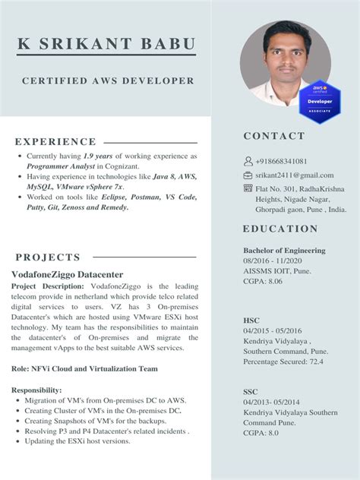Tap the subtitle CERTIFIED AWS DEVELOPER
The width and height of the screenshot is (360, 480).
pyautogui.click(x=108, y=81)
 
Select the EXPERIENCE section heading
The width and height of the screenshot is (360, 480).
pyautogui.click(x=55, y=141)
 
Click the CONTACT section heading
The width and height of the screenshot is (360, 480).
pyautogui.click(x=274, y=136)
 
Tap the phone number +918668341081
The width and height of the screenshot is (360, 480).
pyautogui.click(x=282, y=161)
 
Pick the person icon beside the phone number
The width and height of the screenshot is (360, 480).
pyautogui.click(x=248, y=161)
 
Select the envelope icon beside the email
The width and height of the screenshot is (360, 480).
pyautogui.click(x=248, y=175)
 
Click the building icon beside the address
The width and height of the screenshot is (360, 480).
pyautogui.click(x=248, y=188)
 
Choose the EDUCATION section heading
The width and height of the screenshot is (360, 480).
pyautogui.click(x=280, y=229)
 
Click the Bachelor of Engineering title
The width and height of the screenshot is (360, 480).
pyautogui.click(x=284, y=250)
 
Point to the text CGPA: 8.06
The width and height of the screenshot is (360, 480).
pyautogui.click(x=263, y=281)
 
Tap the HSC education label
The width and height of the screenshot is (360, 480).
pyautogui.click(x=251, y=321)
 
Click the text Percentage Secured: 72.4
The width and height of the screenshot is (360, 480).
pyautogui.click(x=283, y=362)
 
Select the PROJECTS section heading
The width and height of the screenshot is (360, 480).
pyautogui.click(x=47, y=257)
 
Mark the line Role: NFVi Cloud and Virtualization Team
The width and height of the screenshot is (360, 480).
pyautogui.click(x=85, y=368)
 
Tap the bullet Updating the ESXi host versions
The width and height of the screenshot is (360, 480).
pyautogui.click(x=77, y=441)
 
